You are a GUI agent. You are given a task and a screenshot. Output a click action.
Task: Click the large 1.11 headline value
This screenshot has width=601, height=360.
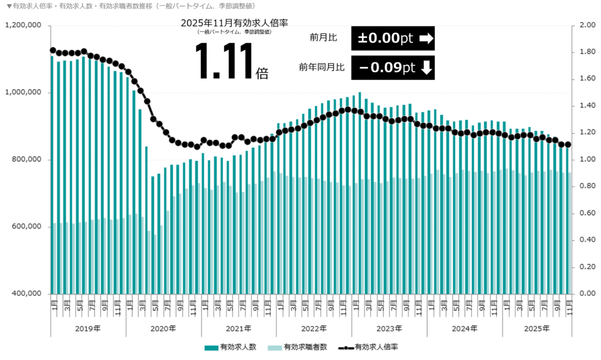[x=225, y=62]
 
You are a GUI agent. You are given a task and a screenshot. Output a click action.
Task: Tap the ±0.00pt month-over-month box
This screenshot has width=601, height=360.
[x=393, y=38]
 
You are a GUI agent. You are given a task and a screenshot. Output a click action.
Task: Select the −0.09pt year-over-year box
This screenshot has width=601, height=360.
[x=393, y=68]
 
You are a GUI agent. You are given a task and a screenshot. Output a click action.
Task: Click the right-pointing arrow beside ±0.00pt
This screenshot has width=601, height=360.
[x=426, y=39]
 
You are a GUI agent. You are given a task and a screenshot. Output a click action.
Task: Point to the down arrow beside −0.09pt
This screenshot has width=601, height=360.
[x=426, y=68]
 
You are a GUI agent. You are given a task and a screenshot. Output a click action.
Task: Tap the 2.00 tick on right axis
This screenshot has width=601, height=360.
[x=587, y=25]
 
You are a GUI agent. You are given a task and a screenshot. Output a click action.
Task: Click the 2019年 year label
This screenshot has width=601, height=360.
[x=88, y=328]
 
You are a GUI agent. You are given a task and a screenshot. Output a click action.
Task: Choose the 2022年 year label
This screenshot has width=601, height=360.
[x=313, y=328]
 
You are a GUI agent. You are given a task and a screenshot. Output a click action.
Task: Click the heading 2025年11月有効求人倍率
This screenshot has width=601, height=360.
[x=235, y=22]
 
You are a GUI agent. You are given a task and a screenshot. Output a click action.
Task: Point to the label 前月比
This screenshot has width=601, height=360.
[x=323, y=38]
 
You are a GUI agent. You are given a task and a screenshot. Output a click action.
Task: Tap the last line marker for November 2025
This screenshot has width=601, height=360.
[x=568, y=145]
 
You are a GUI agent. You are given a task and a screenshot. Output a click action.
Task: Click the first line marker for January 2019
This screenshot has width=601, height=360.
[x=52, y=50]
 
